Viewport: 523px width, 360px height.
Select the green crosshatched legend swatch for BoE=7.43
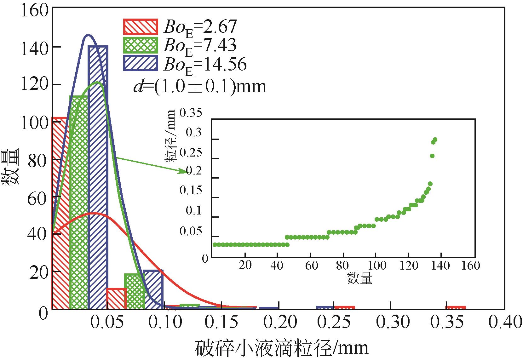(x=140, y=45)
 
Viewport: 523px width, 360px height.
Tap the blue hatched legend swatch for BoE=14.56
(x=140, y=63)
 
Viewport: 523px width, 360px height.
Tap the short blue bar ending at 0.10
(x=153, y=289)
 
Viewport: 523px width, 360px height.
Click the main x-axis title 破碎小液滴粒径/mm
(x=282, y=348)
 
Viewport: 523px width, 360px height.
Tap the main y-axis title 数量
(x=11, y=167)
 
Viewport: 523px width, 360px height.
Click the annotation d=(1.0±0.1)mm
(x=200, y=86)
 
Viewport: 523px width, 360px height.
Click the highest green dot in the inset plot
(x=435, y=140)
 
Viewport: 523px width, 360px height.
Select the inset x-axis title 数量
(x=359, y=278)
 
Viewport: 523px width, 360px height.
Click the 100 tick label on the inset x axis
(x=377, y=266)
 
